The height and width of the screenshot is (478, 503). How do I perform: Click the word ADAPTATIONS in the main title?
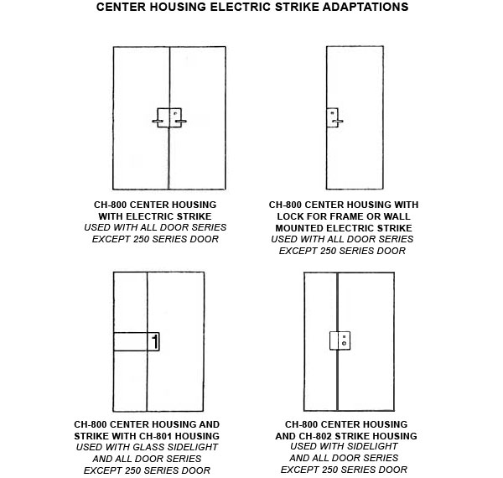coord(366,7)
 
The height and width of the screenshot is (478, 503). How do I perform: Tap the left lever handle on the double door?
coord(158,122)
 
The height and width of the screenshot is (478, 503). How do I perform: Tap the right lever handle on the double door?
coord(181,122)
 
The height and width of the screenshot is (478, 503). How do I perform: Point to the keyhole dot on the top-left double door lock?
coord(175,113)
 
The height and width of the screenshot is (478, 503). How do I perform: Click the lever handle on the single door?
coord(338,122)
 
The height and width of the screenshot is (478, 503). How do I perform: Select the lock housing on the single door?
coord(332,117)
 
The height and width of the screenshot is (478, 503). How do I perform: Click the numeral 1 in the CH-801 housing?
coord(155,341)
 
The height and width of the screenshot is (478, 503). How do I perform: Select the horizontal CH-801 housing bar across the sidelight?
coord(137,341)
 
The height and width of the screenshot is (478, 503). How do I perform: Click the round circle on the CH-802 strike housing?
coord(344,344)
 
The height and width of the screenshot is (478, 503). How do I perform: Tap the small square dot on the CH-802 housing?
coord(344,337)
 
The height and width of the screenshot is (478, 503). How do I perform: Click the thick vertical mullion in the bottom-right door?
coord(338,341)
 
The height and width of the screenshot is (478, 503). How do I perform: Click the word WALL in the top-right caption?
coord(397,216)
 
